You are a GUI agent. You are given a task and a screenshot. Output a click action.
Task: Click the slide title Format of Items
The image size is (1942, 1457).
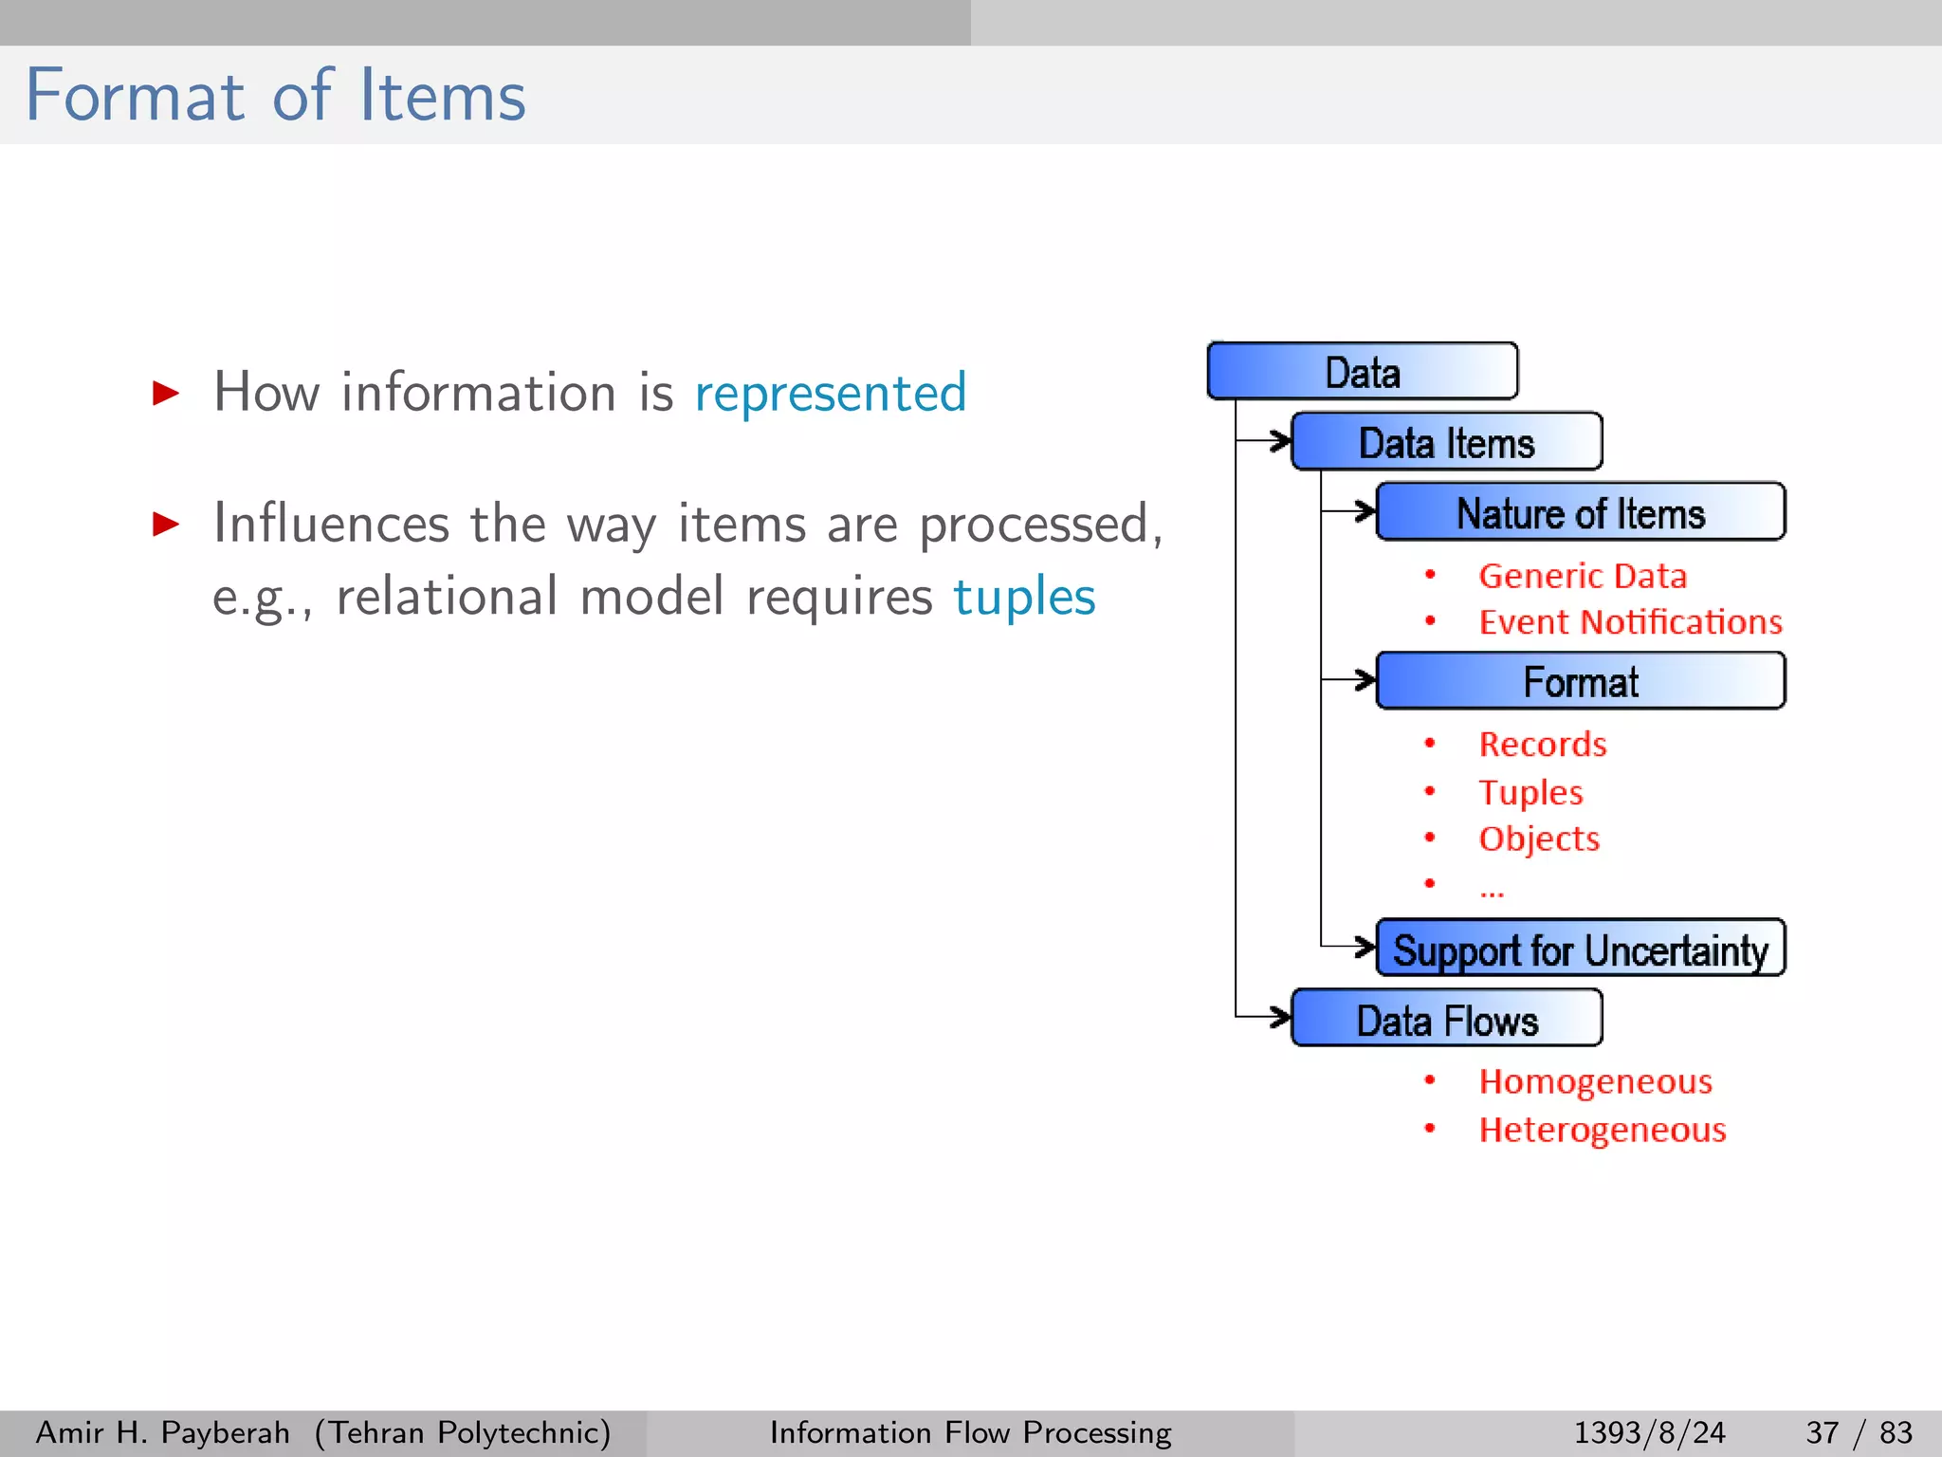pyautogui.click(x=275, y=96)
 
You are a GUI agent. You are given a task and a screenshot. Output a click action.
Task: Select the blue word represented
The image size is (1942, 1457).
pyautogui.click(x=831, y=393)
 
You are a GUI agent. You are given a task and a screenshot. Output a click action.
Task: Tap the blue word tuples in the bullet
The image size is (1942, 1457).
pyautogui.click(x=1024, y=597)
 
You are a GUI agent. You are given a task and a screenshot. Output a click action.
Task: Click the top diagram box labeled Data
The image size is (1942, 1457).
pyautogui.click(x=1363, y=372)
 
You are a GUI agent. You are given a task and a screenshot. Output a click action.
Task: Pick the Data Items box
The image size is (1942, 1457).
pyautogui.click(x=1447, y=442)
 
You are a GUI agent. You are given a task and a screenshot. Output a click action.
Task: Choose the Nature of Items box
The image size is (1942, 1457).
pyautogui.click(x=1581, y=512)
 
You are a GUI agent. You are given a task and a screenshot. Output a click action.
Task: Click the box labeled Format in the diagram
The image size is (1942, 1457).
pyautogui.click(x=1581, y=681)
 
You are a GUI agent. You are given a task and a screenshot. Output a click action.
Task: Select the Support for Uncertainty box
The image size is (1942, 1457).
pyautogui.click(x=1581, y=949)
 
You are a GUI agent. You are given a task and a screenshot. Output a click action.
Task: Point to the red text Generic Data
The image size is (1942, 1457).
pyautogui.click(x=1583, y=576)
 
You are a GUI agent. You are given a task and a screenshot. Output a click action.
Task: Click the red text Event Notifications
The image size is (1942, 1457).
pyautogui.click(x=1630, y=622)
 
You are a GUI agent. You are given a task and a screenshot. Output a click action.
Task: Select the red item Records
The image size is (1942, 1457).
pyautogui.click(x=1543, y=745)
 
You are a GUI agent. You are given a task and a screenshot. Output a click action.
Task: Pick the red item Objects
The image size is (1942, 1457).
pyautogui.click(x=1539, y=839)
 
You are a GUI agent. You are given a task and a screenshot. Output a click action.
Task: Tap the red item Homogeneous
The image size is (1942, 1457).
pyautogui.click(x=1596, y=1081)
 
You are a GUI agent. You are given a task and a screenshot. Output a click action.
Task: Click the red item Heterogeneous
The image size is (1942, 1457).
pyautogui.click(x=1603, y=1130)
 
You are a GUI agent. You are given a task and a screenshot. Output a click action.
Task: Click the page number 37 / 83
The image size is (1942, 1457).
pyautogui.click(x=1859, y=1432)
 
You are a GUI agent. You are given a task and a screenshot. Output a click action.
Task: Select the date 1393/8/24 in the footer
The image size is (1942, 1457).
pyautogui.click(x=1649, y=1432)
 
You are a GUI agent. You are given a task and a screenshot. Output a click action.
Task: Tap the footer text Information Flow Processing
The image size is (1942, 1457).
pyautogui.click(x=970, y=1432)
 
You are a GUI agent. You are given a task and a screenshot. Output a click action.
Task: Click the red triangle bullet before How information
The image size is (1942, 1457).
pyautogui.click(x=166, y=393)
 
